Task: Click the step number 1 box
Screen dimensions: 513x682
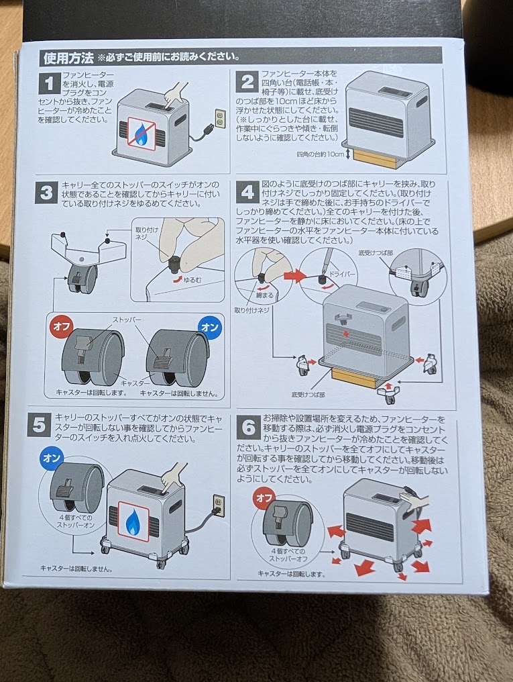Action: pyautogui.click(x=50, y=83)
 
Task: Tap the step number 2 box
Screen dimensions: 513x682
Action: pyautogui.click(x=247, y=82)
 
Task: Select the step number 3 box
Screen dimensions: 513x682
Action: pyautogui.click(x=46, y=192)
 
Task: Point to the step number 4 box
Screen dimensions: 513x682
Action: pyautogui.click(x=247, y=192)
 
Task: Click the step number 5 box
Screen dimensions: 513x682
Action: pyautogui.click(x=39, y=424)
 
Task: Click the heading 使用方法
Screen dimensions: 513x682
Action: pyautogui.click(x=68, y=58)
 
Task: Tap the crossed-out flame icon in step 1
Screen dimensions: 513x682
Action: pyautogui.click(x=141, y=133)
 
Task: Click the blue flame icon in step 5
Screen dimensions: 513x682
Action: pyautogui.click(x=133, y=521)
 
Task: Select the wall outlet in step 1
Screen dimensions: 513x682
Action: pyautogui.click(x=221, y=118)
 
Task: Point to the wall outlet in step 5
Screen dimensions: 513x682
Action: pyautogui.click(x=219, y=505)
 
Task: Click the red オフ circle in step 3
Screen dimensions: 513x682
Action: pyautogui.click(x=61, y=326)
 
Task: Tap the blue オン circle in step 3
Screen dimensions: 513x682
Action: pyautogui.click(x=210, y=327)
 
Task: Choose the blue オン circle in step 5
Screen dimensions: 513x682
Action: pyautogui.click(x=52, y=458)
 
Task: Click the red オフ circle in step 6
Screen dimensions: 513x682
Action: pyautogui.click(x=264, y=497)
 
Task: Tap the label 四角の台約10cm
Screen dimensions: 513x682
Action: pyautogui.click(x=320, y=154)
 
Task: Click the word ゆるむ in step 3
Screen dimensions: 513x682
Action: pyautogui.click(x=192, y=281)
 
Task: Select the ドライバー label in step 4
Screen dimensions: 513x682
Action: pyautogui.click(x=342, y=275)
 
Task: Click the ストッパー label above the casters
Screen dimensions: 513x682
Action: pyautogui.click(x=127, y=320)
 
